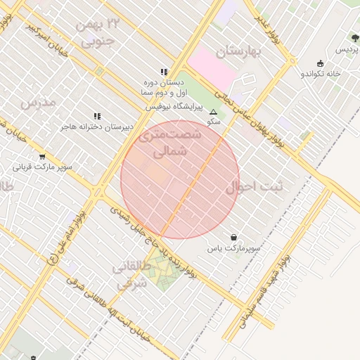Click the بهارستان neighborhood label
coord(239,51)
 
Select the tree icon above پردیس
coord(354,38)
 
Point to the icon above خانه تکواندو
coord(321,63)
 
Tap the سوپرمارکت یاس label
coord(233,248)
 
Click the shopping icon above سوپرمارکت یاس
coord(233,237)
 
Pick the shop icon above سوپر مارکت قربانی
coord(42,157)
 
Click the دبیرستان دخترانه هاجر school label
coord(96,127)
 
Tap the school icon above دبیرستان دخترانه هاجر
coord(96,116)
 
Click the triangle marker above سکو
coord(213,111)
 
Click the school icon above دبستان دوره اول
coord(164,72)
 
